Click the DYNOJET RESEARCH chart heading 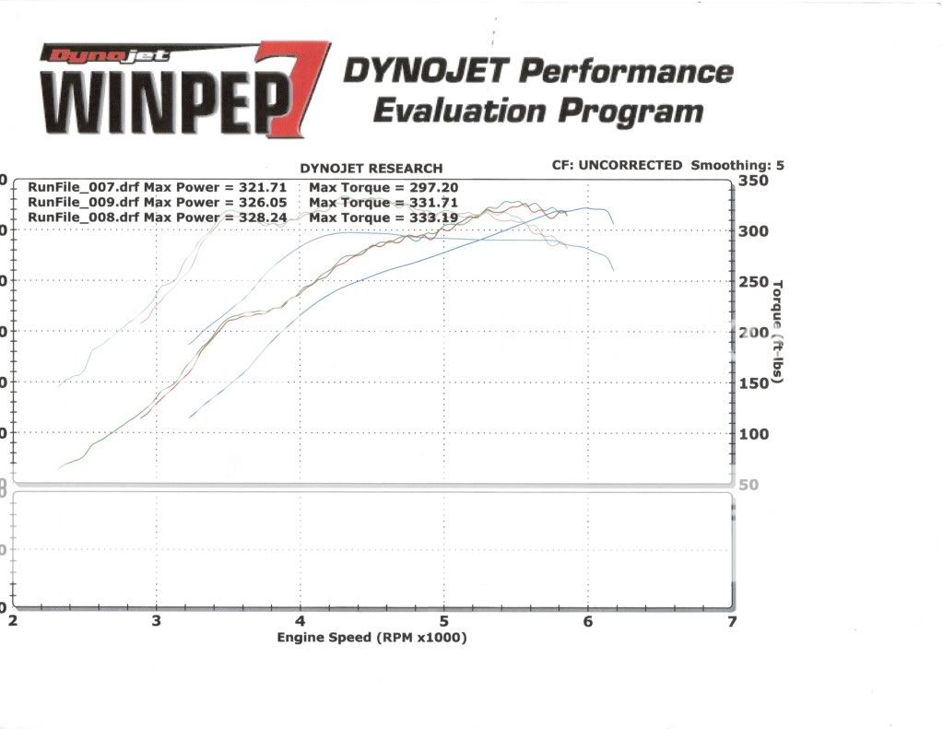(371, 169)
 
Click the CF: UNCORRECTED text (617, 165)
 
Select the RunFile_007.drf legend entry (84, 187)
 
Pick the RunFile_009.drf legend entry (84, 202)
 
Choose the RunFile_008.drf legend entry (84, 217)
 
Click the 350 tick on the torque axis (753, 182)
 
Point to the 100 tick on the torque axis (753, 434)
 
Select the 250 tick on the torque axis (753, 283)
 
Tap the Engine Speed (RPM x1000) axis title (371, 638)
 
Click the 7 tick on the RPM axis (732, 622)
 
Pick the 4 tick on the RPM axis (301, 622)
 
